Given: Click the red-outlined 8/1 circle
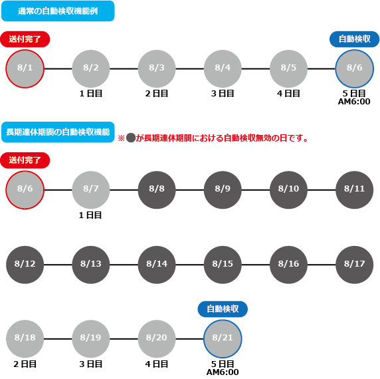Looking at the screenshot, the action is [x=25, y=69].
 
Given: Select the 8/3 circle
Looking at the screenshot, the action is [x=157, y=69].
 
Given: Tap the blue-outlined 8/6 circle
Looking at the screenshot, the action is [x=355, y=69].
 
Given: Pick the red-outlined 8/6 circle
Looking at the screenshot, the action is [x=25, y=190].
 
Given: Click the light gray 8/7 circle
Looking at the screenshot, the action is [x=91, y=190].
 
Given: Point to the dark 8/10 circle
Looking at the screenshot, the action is [x=288, y=190].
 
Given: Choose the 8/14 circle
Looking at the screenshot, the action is [x=157, y=265].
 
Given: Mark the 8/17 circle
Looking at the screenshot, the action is [x=355, y=265].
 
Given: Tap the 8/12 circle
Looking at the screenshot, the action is [x=25, y=265].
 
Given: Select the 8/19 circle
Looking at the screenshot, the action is [x=91, y=338].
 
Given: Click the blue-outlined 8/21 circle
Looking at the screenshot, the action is [x=223, y=338].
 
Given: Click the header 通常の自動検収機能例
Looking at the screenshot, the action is [x=58, y=11].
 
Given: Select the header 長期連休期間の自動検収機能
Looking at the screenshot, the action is [x=58, y=132].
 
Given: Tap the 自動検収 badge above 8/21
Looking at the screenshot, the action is [x=223, y=309].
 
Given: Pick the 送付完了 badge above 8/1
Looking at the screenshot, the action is [x=25, y=39].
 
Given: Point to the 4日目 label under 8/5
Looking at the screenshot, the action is [x=288, y=94].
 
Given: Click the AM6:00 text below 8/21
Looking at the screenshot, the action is [x=223, y=372].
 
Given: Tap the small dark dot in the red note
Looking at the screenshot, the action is [x=131, y=138].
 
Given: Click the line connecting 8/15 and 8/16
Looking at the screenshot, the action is [x=256, y=265].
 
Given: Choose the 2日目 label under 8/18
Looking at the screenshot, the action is [x=25, y=364].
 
